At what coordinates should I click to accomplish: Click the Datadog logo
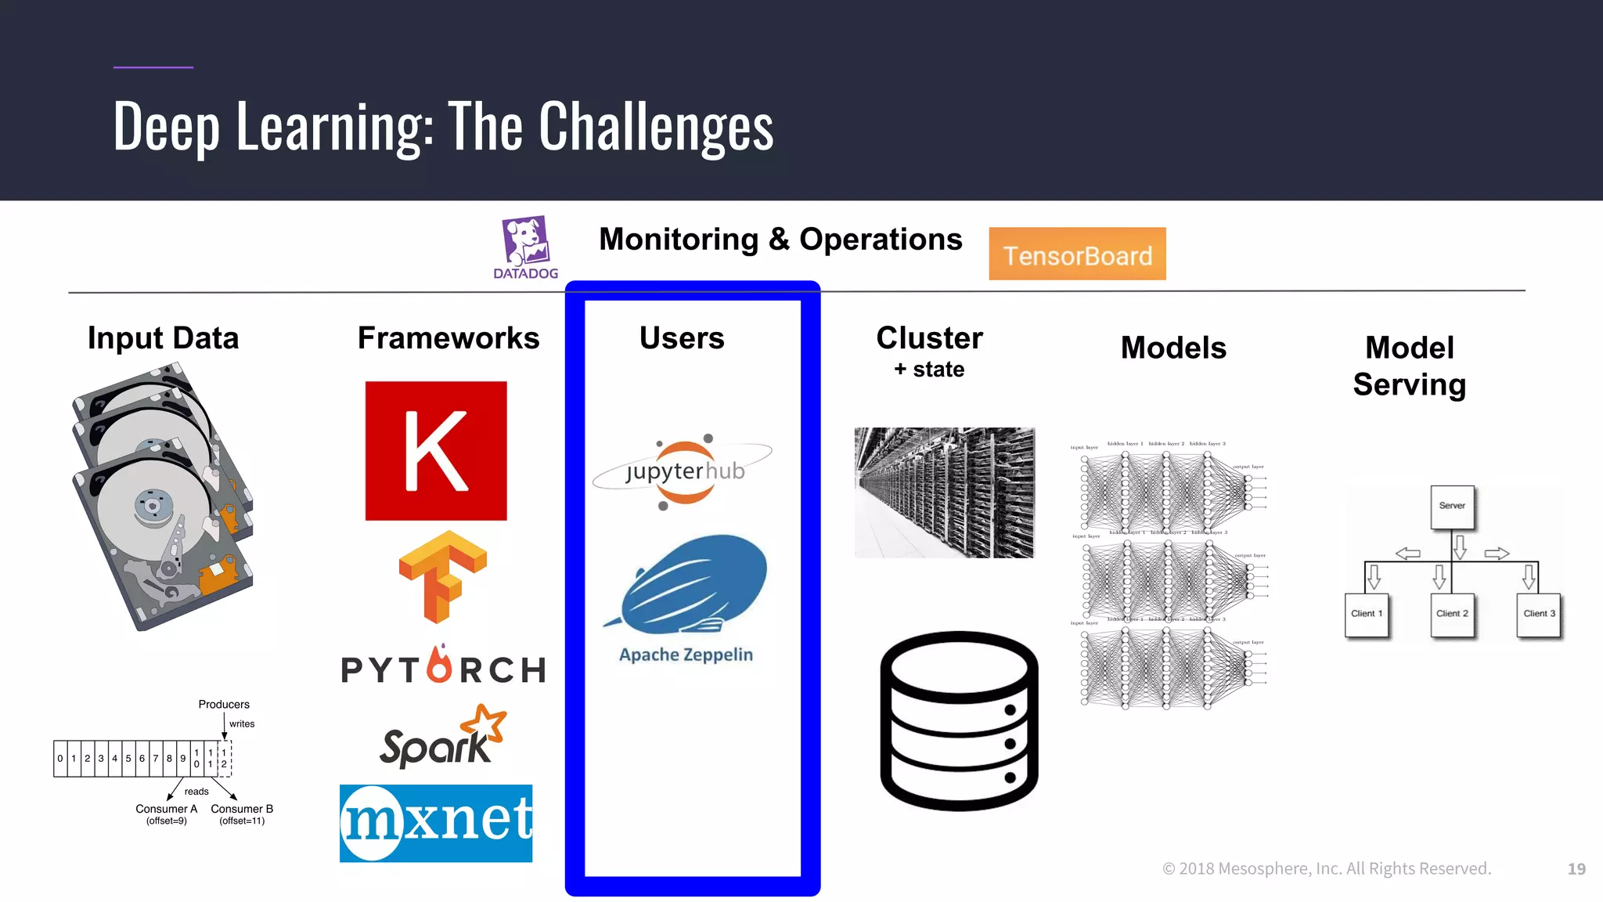(526, 247)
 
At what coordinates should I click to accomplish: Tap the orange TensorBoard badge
(1077, 254)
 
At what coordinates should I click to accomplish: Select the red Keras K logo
(436, 451)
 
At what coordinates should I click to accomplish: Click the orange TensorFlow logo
(442, 576)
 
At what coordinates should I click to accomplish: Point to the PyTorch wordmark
(444, 668)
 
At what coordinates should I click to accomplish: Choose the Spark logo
(442, 738)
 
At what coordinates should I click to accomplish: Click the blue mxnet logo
(436, 823)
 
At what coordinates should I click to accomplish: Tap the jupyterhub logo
(683, 471)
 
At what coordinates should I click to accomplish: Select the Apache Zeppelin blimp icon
(689, 583)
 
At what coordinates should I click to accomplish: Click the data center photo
(944, 492)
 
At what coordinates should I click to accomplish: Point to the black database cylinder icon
(959, 720)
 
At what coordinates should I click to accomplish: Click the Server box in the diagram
(1452, 507)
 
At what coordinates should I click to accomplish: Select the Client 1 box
(1367, 615)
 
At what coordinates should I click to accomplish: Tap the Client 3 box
(1539, 615)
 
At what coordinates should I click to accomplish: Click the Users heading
(682, 338)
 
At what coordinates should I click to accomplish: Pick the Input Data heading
(163, 338)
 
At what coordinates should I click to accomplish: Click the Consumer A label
(166, 810)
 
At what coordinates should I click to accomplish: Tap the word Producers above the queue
(224, 705)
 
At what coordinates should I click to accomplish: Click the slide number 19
(1576, 868)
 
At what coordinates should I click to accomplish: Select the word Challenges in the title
(656, 127)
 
